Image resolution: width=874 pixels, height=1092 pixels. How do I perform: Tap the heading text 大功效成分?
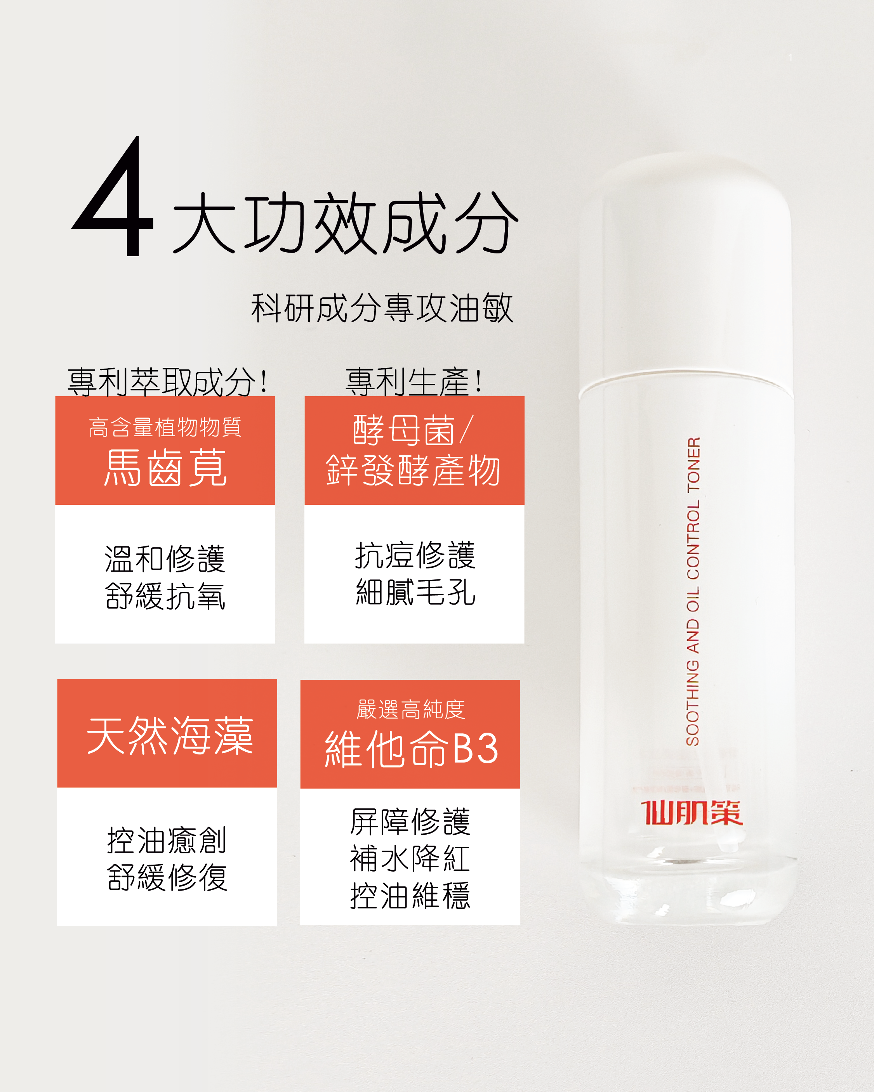(346, 223)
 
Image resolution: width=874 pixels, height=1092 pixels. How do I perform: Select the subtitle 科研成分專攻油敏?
(382, 308)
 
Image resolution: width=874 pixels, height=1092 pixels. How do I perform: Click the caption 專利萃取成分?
(167, 382)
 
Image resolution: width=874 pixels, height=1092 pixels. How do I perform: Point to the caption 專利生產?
(414, 382)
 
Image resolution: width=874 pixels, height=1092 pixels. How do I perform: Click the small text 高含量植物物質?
(165, 427)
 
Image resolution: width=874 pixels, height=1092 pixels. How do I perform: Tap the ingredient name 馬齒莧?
(165, 468)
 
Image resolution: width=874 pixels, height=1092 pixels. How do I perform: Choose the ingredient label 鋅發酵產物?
(414, 470)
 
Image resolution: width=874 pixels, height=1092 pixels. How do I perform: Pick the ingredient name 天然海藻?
(170, 736)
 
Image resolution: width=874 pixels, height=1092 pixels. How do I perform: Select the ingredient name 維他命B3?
(412, 749)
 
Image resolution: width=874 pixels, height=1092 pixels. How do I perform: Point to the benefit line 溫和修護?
(165, 559)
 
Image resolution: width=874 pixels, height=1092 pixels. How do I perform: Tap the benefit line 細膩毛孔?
(415, 591)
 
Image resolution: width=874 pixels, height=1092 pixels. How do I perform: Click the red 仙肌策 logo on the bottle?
(692, 813)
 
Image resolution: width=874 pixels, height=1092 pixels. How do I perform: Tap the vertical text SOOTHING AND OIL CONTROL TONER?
(693, 591)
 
